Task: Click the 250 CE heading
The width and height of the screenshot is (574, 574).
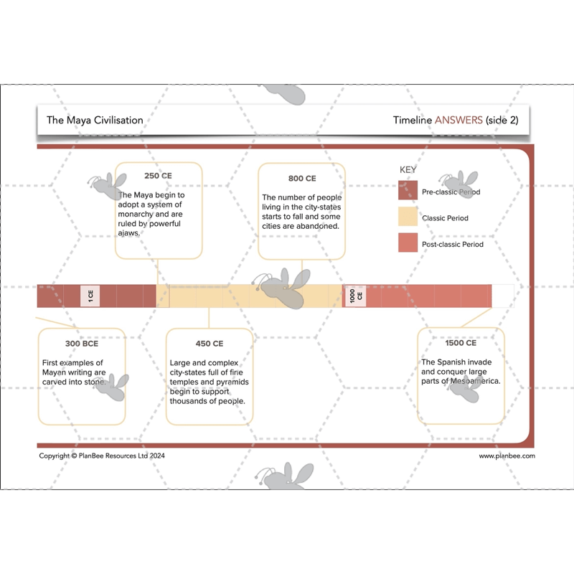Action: point(158,176)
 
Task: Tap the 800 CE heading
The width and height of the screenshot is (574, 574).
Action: point(302,178)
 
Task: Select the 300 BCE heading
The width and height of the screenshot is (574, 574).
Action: point(82,344)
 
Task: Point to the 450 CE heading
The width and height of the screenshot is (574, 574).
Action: point(209,344)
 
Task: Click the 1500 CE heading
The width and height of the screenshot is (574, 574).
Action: point(461,343)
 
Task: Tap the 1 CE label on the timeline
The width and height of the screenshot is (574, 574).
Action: point(90,296)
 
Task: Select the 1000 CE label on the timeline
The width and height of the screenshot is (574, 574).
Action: point(355,296)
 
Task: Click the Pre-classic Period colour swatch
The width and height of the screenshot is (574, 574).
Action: point(408,190)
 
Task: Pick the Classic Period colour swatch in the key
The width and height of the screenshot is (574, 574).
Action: point(408,217)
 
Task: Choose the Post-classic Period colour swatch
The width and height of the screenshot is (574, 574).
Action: point(408,243)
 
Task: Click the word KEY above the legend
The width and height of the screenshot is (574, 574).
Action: point(408,170)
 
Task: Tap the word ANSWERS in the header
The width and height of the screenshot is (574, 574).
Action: point(458,120)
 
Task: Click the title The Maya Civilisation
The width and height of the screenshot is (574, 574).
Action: point(95,120)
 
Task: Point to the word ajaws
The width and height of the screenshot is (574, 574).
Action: point(129,233)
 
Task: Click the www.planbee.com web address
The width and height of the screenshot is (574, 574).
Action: point(507,456)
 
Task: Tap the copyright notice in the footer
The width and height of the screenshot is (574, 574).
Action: point(102,456)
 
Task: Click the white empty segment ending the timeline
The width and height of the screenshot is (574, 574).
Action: point(503,296)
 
